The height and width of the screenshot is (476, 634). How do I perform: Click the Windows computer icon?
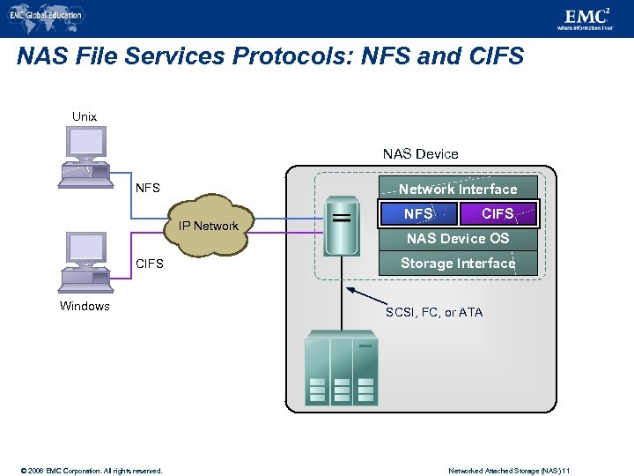(x=85, y=261)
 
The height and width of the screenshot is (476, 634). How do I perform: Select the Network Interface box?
(x=458, y=189)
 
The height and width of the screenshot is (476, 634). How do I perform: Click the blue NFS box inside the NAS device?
(x=418, y=213)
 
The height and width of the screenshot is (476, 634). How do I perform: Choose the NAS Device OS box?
(x=458, y=238)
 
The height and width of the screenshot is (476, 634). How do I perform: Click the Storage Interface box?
(x=458, y=263)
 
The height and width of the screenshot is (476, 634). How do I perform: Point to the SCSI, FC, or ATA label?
(x=434, y=313)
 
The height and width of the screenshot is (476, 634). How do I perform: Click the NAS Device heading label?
(x=420, y=154)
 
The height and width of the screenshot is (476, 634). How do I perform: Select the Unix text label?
(x=85, y=116)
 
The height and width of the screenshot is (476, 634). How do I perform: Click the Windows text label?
(x=85, y=307)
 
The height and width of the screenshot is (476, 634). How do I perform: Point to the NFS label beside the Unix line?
(x=147, y=188)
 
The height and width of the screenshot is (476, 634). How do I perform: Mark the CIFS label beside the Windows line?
(x=149, y=263)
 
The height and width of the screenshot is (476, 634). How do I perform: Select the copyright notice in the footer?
(x=85, y=471)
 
